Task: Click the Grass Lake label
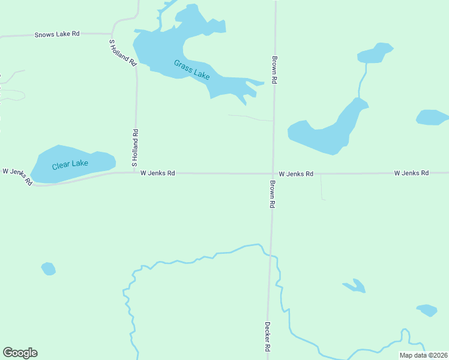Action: [x=192, y=69]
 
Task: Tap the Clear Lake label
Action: [x=70, y=164]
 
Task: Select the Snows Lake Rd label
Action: [x=57, y=34]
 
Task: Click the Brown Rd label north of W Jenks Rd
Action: [x=274, y=70]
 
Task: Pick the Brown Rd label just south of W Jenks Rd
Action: [x=272, y=194]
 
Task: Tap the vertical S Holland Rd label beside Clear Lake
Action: [x=135, y=148]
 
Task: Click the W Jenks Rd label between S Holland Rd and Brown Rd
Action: [x=157, y=173]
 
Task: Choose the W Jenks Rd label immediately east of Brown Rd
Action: [x=296, y=173]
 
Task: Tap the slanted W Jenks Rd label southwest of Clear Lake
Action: [x=17, y=176]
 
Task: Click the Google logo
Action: [x=20, y=353]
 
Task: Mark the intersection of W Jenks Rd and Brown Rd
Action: [x=273, y=174]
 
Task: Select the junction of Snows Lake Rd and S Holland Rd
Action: [x=113, y=34]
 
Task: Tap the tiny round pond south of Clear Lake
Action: [x=48, y=269]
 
